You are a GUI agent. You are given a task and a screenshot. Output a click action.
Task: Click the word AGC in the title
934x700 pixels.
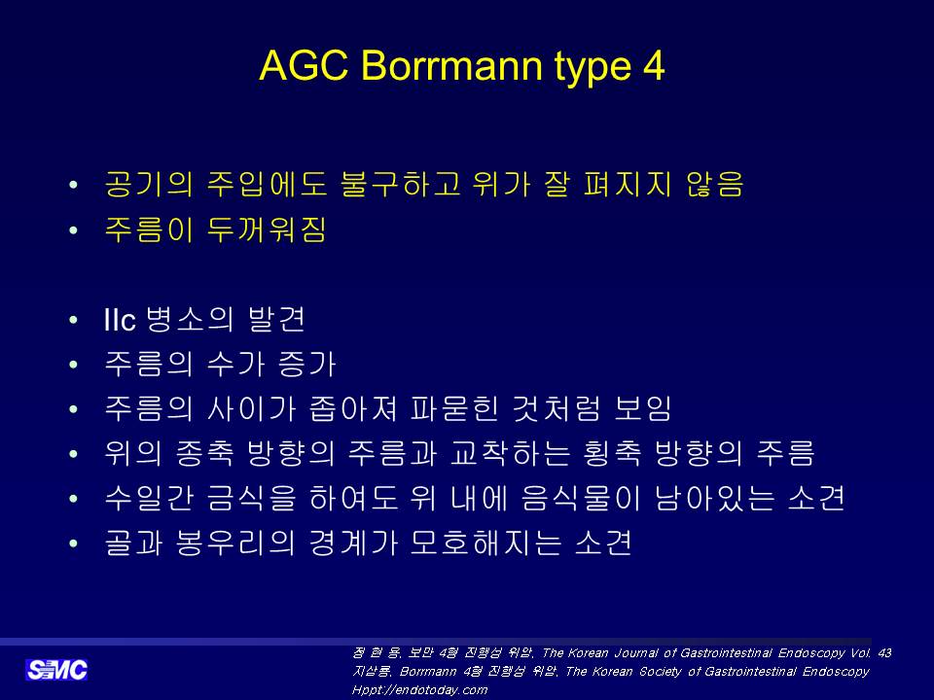click(x=304, y=65)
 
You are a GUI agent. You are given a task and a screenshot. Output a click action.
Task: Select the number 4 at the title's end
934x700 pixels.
click(x=654, y=65)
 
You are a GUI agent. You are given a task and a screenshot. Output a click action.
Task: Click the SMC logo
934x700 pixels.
click(x=56, y=670)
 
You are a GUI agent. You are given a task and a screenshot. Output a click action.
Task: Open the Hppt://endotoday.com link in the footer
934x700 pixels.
click(x=419, y=690)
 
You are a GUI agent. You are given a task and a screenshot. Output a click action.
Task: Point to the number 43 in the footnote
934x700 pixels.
click(x=884, y=652)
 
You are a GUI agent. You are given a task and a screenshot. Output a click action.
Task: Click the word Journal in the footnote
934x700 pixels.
click(x=636, y=653)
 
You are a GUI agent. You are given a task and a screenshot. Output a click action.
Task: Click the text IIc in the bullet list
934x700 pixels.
click(x=120, y=320)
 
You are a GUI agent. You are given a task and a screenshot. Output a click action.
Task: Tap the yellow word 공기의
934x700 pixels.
click(x=149, y=184)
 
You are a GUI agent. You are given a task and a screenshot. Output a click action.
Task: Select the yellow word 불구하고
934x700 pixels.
click(x=400, y=184)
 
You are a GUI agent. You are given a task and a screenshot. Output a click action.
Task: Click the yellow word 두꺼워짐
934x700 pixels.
click(x=267, y=229)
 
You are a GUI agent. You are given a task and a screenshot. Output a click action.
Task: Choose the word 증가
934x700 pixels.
click(x=307, y=364)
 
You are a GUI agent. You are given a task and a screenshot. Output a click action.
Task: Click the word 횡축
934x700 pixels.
click(x=612, y=454)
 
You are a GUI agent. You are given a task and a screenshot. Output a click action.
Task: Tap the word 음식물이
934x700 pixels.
click(x=581, y=498)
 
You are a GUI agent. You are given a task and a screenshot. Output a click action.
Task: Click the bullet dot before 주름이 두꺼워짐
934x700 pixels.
click(x=73, y=230)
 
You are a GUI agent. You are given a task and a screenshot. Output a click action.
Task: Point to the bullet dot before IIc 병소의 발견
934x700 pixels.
click(x=73, y=321)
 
